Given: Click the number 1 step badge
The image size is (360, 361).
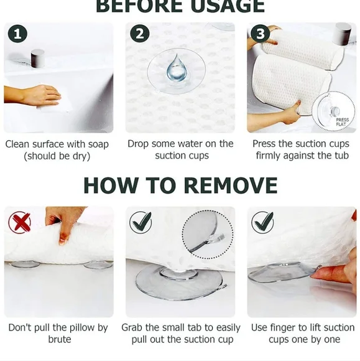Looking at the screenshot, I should tap(17, 34).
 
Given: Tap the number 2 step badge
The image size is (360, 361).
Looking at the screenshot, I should tap(139, 34).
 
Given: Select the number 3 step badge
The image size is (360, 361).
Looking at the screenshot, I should tap(261, 34).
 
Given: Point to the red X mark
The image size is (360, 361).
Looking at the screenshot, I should tap(19, 222).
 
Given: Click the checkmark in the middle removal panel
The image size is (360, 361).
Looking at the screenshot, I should tap(141, 222).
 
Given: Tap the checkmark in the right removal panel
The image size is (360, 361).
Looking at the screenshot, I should tap(262, 222).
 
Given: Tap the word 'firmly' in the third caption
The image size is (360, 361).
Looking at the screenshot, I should tap(272, 156).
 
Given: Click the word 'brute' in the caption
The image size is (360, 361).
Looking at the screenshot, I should tap(60, 339).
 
